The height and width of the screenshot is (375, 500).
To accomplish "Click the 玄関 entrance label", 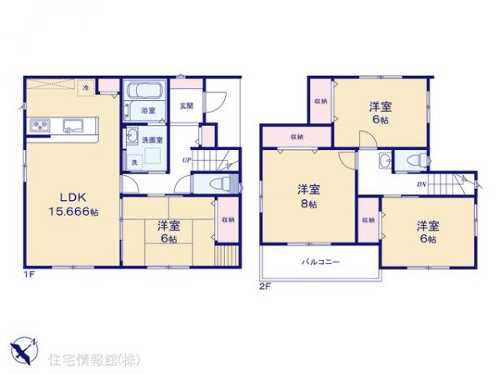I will pyautogui.click(x=187, y=106).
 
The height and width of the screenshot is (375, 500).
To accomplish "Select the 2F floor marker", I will pyautogui.click(x=266, y=286).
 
